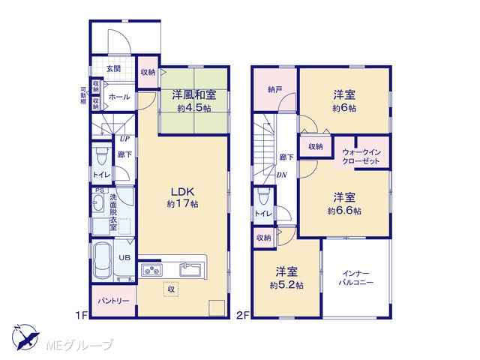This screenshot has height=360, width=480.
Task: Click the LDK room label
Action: pyautogui.click(x=182, y=192)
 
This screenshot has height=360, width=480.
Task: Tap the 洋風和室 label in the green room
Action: pyautogui.click(x=194, y=95)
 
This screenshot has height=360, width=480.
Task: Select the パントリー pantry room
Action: pyautogui.click(x=113, y=301)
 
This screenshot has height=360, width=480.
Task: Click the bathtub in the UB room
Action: pyautogui.click(x=103, y=260)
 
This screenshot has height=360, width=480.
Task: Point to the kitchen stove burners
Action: pyautogui.click(x=151, y=270)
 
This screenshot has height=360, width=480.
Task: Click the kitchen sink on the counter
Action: pyautogui.click(x=190, y=270)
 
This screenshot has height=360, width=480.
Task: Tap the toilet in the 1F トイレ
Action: pyautogui.click(x=101, y=157)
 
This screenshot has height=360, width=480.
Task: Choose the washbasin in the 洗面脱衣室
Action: pyautogui.click(x=98, y=203)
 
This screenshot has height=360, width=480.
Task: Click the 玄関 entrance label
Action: pyautogui.click(x=113, y=69)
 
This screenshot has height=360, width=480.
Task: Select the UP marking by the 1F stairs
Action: pyautogui.click(x=124, y=139)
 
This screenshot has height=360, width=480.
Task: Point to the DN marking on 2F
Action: pyautogui.click(x=282, y=175)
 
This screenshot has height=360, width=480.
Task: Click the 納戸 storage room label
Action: pyautogui.click(x=275, y=90)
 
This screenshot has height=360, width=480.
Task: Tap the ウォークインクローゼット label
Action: pyautogui.click(x=361, y=157)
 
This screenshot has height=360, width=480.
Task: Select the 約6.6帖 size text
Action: pyautogui.click(x=344, y=211)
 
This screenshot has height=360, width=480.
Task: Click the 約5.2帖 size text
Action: pyautogui.click(x=286, y=285)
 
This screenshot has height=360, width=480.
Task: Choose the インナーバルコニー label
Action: pyautogui.click(x=356, y=277)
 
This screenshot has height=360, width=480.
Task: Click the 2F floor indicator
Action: pyautogui.click(x=243, y=315)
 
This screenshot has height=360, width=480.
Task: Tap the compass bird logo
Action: pyautogui.click(x=25, y=337)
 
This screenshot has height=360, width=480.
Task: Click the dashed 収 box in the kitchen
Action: pyautogui.click(x=171, y=289)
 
